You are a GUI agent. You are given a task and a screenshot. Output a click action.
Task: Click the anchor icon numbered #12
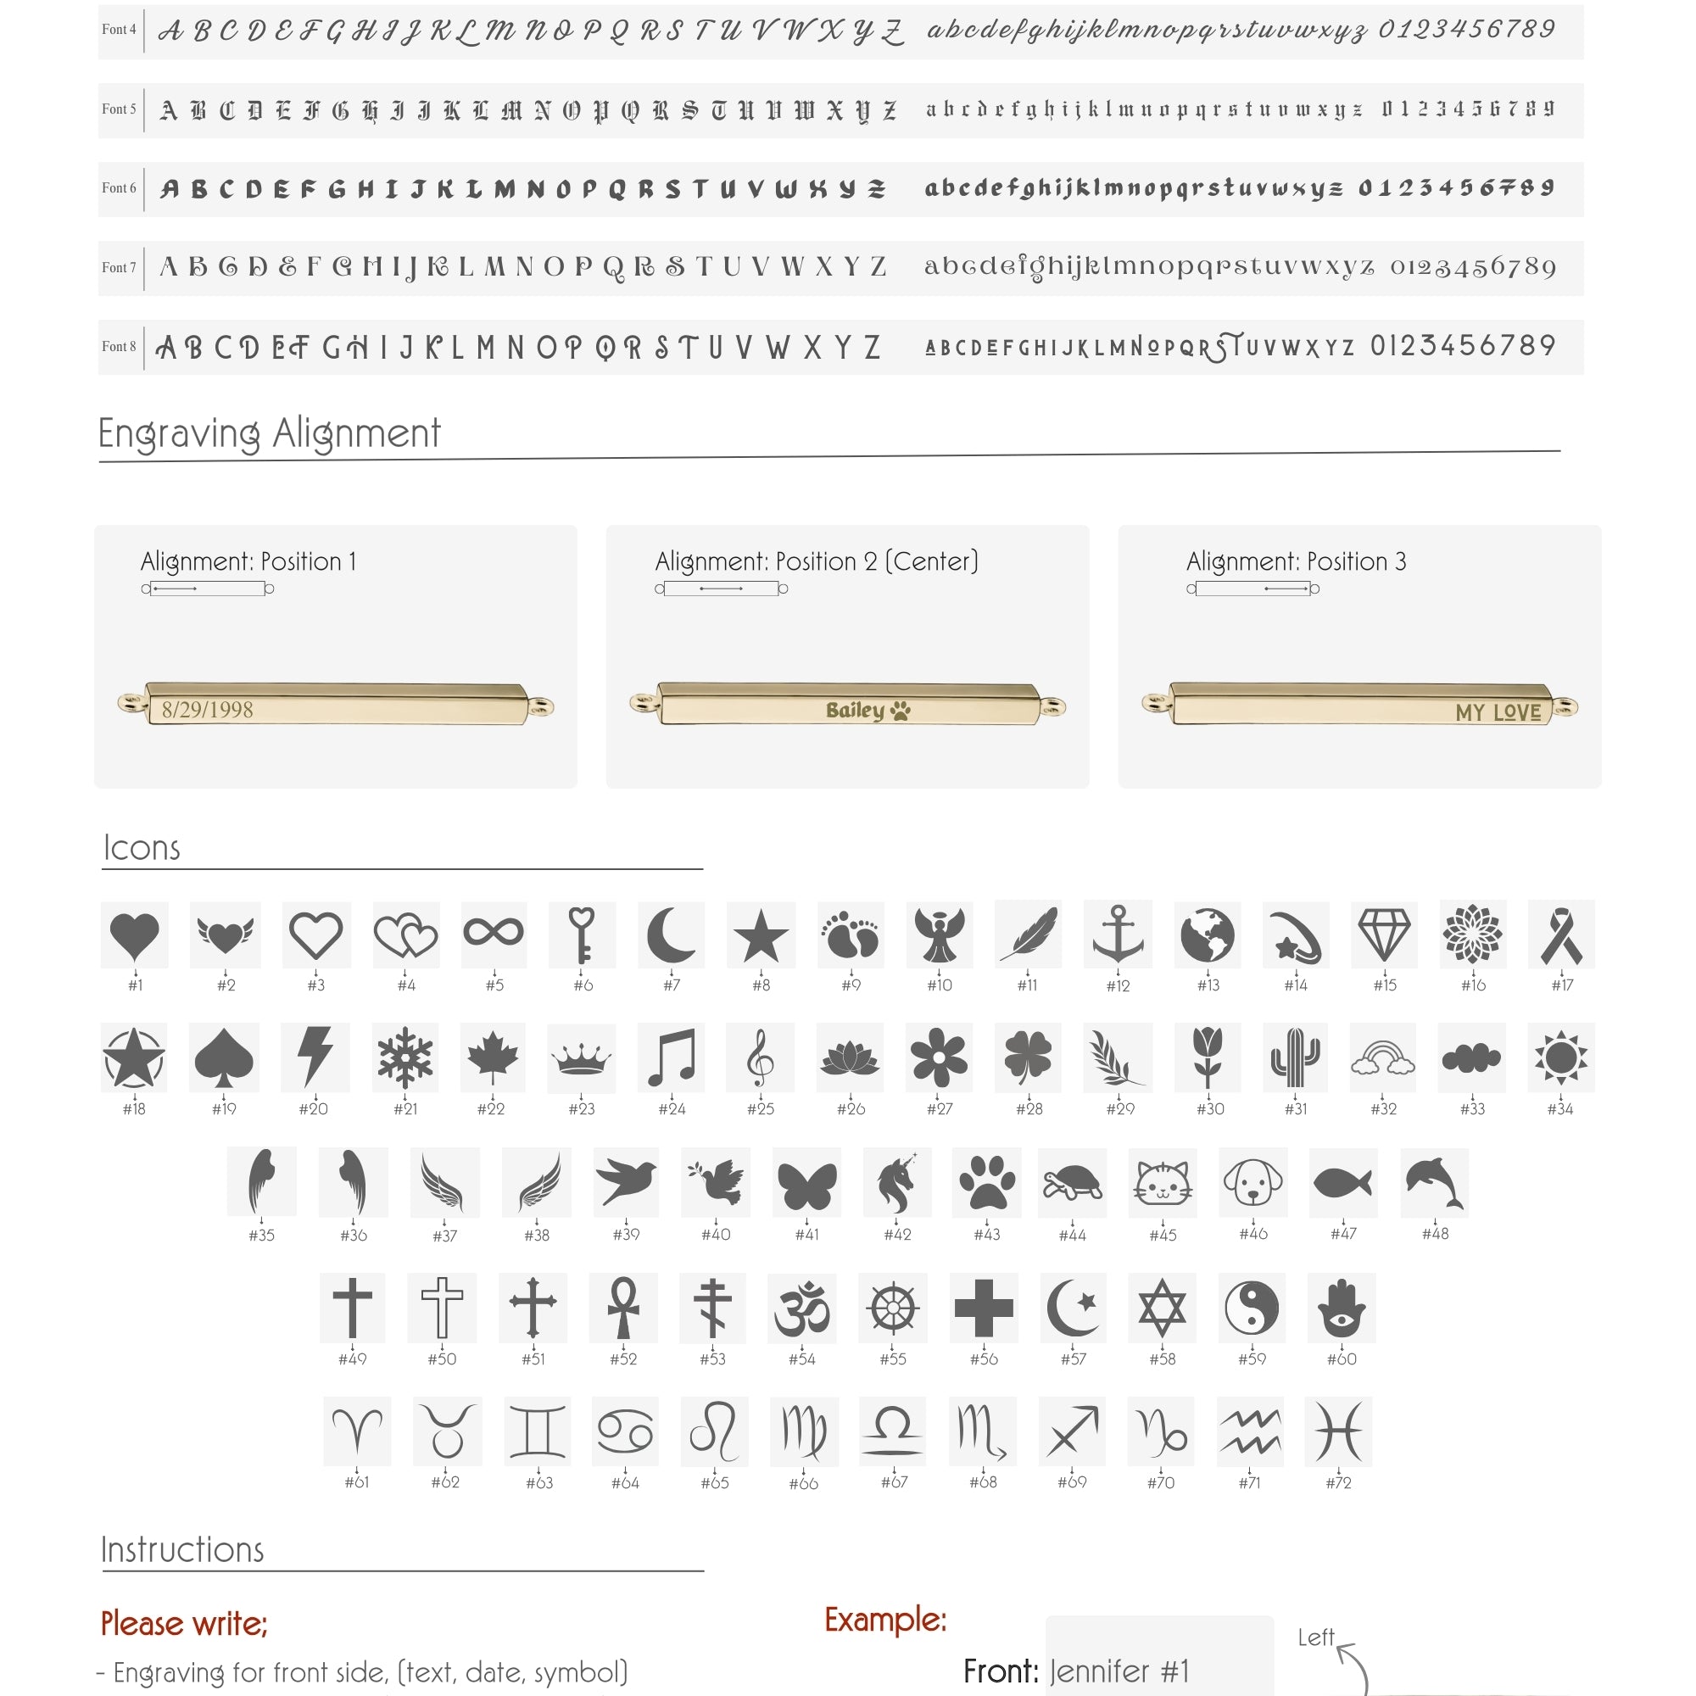point(1118,934)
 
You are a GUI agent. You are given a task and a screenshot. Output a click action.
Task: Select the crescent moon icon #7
point(671,934)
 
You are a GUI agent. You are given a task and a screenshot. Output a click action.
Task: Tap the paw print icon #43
point(987,1181)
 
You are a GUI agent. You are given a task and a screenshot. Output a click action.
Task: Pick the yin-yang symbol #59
point(1252,1307)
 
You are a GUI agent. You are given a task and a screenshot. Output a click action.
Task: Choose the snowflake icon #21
point(404,1057)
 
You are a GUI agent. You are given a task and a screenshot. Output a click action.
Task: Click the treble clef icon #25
point(760,1057)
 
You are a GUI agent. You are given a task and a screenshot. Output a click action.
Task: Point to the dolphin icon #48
point(1435,1181)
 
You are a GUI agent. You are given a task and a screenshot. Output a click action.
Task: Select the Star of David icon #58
point(1163,1307)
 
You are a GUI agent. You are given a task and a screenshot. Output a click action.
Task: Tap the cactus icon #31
point(1295,1057)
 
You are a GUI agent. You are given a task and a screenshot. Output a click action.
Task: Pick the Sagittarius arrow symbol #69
point(1072,1431)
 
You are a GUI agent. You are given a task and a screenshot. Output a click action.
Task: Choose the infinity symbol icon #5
point(494,932)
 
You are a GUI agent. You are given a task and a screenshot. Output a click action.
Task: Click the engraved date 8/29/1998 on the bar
point(207,709)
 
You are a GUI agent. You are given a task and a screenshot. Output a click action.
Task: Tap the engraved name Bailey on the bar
point(855,710)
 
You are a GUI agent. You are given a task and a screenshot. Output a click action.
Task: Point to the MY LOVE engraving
point(1498,712)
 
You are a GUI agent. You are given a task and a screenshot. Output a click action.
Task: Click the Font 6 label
point(119,188)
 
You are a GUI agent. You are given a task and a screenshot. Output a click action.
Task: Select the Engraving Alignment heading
point(269,433)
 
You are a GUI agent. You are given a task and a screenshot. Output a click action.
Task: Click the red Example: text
point(884,1619)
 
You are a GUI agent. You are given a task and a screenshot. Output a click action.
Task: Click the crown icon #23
point(580,1059)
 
